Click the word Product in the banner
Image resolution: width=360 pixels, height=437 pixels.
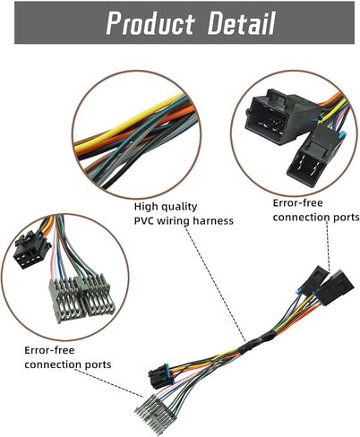pyautogui.click(x=150, y=23)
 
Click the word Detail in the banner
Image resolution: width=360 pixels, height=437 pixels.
pyautogui.click(x=242, y=23)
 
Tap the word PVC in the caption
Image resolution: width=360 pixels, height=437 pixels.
pyautogui.click(x=144, y=221)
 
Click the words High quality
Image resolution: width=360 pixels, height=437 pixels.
pyautogui.click(x=166, y=207)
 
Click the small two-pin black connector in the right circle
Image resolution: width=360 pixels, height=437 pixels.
pyautogui.click(x=311, y=156)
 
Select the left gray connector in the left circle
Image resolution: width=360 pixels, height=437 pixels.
pyautogui.click(x=64, y=299)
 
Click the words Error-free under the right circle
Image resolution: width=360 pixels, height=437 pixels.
pyautogui.click(x=297, y=203)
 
